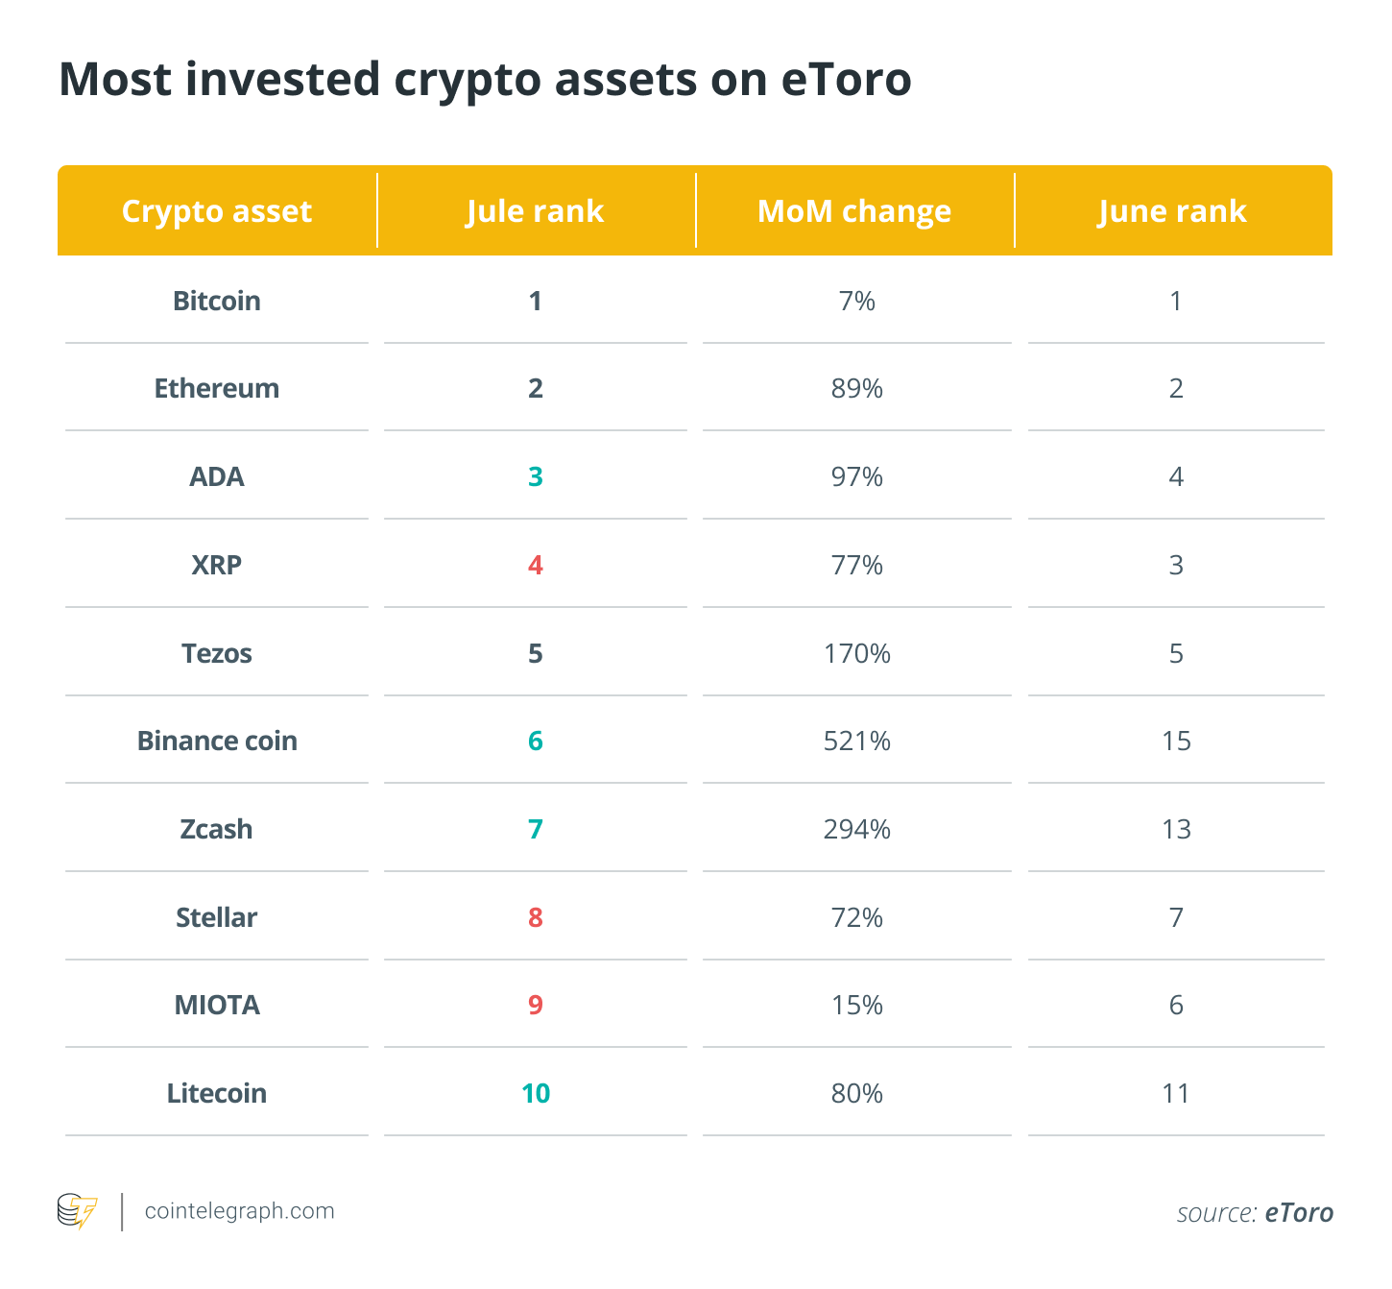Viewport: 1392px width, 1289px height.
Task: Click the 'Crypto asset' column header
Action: click(217, 211)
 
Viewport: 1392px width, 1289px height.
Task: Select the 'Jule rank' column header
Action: click(535, 211)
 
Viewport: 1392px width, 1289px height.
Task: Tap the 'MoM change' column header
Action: click(854, 211)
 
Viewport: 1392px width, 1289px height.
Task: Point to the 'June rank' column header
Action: click(1172, 211)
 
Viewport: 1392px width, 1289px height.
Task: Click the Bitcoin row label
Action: click(217, 301)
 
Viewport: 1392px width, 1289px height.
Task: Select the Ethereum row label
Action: click(217, 388)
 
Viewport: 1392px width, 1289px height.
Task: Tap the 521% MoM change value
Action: click(856, 741)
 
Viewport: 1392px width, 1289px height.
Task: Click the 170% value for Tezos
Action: click(856, 653)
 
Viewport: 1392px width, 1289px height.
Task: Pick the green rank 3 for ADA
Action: click(536, 476)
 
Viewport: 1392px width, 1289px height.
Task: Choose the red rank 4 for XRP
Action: click(536, 565)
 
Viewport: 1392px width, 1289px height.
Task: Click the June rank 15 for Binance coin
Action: click(1176, 741)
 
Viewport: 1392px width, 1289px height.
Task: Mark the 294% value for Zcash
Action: click(856, 829)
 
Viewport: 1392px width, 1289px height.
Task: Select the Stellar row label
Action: click(217, 917)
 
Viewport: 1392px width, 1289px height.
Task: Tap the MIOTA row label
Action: click(217, 1005)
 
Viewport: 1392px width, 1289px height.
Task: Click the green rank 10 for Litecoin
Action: click(536, 1093)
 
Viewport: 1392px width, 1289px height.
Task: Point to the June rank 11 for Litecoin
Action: click(1176, 1093)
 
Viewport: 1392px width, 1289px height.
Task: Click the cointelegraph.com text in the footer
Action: click(240, 1211)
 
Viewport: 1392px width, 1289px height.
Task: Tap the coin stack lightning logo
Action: click(77, 1211)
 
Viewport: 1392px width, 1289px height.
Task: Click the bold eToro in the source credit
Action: click(1299, 1212)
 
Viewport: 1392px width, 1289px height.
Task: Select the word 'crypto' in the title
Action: click(468, 81)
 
